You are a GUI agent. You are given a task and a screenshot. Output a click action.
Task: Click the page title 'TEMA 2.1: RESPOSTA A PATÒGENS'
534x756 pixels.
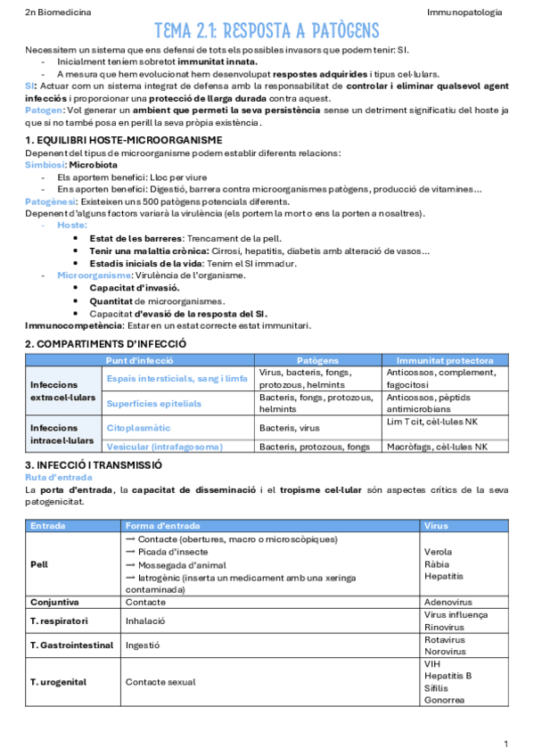267,32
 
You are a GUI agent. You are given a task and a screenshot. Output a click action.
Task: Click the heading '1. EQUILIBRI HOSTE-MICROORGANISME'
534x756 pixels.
123,140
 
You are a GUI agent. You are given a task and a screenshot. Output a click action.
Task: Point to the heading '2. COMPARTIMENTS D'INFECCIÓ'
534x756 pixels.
105,343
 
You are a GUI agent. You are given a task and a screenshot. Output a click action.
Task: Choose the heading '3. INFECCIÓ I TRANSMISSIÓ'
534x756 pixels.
94,464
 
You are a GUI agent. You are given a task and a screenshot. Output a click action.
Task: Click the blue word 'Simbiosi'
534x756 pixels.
45,165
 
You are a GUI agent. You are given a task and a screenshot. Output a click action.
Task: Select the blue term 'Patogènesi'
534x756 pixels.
50,201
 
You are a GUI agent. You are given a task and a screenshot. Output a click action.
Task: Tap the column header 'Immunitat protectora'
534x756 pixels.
445,360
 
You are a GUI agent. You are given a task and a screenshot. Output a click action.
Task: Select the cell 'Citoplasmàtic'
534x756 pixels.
138,428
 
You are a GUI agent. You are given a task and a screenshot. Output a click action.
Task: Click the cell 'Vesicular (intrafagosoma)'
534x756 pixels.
165,446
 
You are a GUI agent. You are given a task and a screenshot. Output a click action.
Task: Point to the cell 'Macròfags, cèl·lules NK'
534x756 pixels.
437,446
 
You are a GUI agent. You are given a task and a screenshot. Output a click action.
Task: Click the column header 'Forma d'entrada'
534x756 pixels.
162,526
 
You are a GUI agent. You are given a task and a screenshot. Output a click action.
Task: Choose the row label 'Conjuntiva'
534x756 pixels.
56,602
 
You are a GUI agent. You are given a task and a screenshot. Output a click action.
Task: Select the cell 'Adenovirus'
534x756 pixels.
448,602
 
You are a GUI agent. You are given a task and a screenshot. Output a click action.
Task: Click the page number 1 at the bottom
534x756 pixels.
505,744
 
